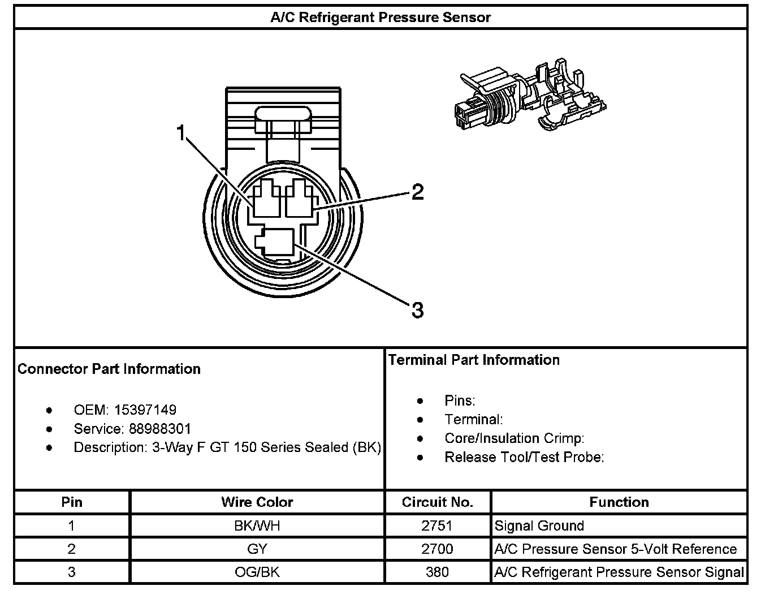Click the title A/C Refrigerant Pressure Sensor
[x=380, y=17]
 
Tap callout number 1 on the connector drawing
[x=181, y=133]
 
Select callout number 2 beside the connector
[x=417, y=192]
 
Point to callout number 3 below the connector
[x=417, y=310]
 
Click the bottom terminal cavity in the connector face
[x=275, y=243]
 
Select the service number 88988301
[x=160, y=428]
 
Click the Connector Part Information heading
[x=109, y=369]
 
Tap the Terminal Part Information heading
[x=474, y=360]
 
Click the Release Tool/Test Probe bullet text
[x=524, y=457]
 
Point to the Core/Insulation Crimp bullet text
[x=514, y=438]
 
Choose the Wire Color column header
[x=257, y=502]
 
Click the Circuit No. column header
[x=437, y=502]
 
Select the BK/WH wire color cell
[x=257, y=526]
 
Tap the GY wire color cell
[x=257, y=549]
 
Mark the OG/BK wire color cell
[x=257, y=572]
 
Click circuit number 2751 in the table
[x=437, y=526]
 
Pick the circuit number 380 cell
[x=437, y=572]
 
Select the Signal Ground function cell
[x=539, y=526]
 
